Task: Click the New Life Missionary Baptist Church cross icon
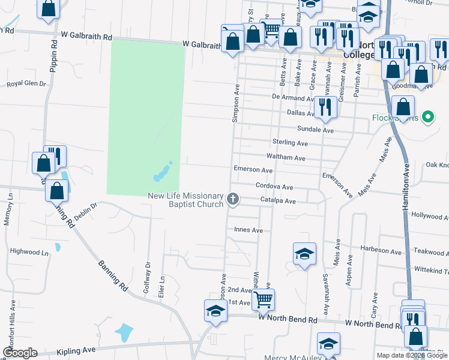[233, 198]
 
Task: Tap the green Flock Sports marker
[428, 117]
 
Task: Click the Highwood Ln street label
[28, 253]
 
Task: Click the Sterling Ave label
[290, 143]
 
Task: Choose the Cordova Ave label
[274, 187]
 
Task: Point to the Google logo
[20, 353]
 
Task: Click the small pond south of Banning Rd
[123, 332]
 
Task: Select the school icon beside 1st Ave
[215, 311]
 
